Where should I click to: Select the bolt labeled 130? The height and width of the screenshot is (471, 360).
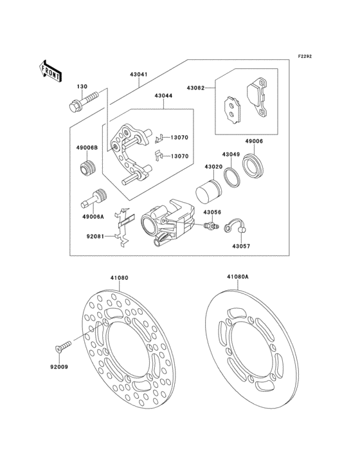coord(83,101)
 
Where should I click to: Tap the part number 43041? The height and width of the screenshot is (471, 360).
coord(139,75)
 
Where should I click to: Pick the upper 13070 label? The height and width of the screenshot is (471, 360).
coord(179,138)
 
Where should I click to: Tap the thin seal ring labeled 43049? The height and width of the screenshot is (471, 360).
coord(232,176)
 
